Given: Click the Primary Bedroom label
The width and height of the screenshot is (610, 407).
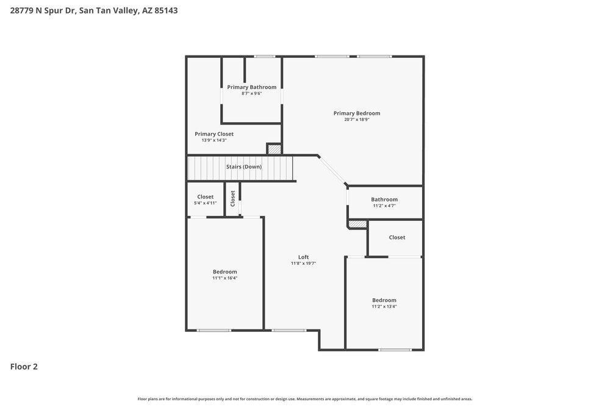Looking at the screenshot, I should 357,113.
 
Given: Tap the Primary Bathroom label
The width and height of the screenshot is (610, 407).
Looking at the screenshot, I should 252,87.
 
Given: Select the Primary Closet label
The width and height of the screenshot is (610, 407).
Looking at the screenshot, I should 214,134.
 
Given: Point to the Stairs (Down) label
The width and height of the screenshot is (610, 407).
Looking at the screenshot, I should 244,167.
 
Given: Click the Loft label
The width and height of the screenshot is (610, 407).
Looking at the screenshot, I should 303,257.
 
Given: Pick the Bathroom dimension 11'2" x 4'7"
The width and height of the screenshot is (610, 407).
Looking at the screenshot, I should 384,206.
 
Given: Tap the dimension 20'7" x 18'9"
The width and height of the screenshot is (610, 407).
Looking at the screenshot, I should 357,120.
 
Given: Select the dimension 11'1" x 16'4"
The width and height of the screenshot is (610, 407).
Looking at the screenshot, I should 224,278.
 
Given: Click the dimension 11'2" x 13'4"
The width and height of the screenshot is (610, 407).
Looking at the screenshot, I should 384,306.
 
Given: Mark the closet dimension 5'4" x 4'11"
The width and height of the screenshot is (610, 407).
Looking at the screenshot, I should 206,203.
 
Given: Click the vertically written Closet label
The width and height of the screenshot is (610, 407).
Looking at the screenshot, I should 232,198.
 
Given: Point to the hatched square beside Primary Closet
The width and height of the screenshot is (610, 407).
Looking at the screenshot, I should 274,149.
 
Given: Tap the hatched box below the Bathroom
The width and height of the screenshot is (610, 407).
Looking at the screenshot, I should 358,224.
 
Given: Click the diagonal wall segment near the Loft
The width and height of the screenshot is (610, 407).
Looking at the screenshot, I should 332,170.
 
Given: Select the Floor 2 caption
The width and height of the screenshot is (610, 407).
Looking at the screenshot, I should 24,367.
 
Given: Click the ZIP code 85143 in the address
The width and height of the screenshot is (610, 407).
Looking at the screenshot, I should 166,10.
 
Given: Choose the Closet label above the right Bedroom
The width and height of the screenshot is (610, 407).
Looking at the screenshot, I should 397,237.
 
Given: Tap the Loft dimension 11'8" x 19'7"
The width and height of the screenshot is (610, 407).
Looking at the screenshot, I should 303,264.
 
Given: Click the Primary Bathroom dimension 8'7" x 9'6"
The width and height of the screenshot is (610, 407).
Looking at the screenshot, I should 252,93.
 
